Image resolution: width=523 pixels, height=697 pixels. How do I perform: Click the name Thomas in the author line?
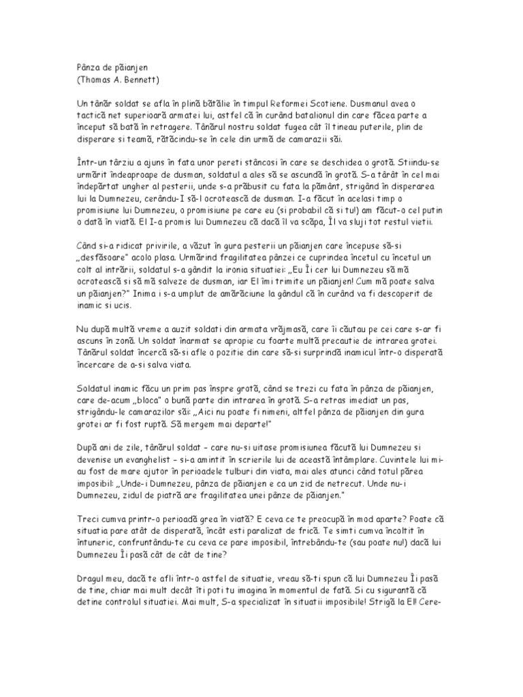pyautogui.click(x=97, y=79)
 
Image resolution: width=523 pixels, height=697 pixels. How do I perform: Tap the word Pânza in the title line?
pyautogui.click(x=85, y=67)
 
